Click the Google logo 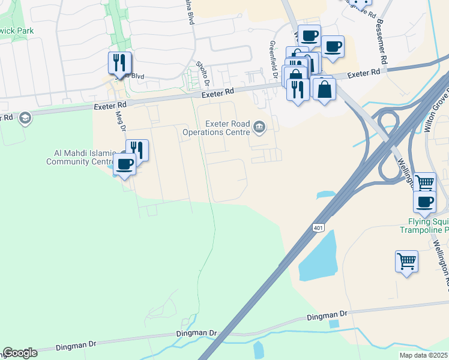(x=20, y=353)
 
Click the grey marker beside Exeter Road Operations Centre (x=259, y=126)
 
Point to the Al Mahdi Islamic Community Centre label (x=80, y=157)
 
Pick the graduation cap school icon (x=25, y=118)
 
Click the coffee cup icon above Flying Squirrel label (x=424, y=202)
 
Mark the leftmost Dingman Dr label (x=76, y=345)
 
